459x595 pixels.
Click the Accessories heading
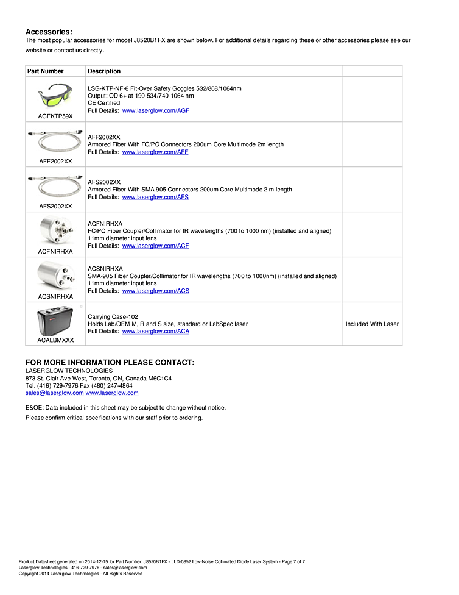[49, 32]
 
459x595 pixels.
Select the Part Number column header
[46, 71]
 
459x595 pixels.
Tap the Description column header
[104, 71]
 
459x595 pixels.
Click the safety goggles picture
[55, 96]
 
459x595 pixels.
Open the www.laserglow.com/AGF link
[155, 110]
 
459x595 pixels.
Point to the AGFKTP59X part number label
[55, 116]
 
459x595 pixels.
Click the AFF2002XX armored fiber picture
[55, 141]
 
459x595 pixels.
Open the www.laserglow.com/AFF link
[155, 152]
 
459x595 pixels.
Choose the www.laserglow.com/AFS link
[155, 197]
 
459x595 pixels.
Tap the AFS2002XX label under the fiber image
[55, 206]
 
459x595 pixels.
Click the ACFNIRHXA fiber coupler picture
[55, 231]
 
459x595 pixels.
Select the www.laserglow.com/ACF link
[155, 246]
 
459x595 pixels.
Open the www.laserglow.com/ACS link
[155, 291]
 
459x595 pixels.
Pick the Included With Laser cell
[372, 324]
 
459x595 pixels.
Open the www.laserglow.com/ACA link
[155, 331]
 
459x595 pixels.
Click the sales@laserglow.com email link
[54, 393]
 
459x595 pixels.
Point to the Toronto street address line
[98, 379]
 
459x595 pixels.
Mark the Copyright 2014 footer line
[80, 574]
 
